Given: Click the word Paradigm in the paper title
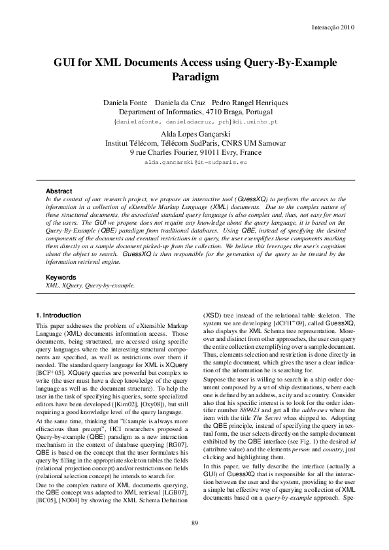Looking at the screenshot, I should coord(194,77).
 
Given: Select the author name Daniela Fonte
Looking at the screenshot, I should coord(124,103).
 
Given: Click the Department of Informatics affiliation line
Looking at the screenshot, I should coord(194,112).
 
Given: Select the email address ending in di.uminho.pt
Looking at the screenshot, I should coord(196,121).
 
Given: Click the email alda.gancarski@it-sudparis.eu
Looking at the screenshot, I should coord(194,162).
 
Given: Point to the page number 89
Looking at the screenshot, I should coord(194,521).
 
